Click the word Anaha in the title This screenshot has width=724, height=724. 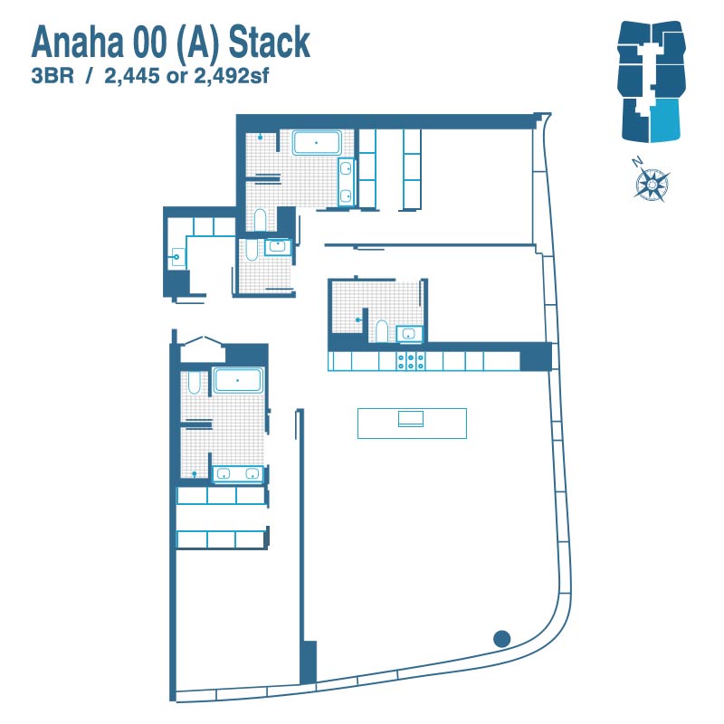(x=77, y=42)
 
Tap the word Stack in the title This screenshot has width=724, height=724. (x=269, y=42)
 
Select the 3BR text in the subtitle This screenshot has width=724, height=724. (x=52, y=76)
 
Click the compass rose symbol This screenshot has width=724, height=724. (x=652, y=184)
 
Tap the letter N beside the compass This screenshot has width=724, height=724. (x=637, y=162)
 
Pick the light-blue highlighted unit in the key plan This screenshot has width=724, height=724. (x=665, y=119)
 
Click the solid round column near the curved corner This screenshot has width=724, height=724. (x=501, y=639)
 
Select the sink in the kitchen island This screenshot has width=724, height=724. (x=411, y=418)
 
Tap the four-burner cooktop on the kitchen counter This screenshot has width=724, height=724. (x=411, y=361)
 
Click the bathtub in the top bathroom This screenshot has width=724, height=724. (x=316, y=143)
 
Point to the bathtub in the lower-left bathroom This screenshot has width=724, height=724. (x=237, y=380)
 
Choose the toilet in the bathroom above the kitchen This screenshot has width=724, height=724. (x=381, y=331)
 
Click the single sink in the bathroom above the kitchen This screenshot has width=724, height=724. (x=409, y=334)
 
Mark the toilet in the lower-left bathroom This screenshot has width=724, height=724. (x=195, y=383)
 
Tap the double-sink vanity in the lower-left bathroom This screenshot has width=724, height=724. (x=237, y=473)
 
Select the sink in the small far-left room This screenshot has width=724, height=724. (x=178, y=257)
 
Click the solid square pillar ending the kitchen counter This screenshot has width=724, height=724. (x=536, y=357)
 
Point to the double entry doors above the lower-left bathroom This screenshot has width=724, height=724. (x=202, y=350)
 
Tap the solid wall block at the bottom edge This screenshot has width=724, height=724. (x=308, y=662)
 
